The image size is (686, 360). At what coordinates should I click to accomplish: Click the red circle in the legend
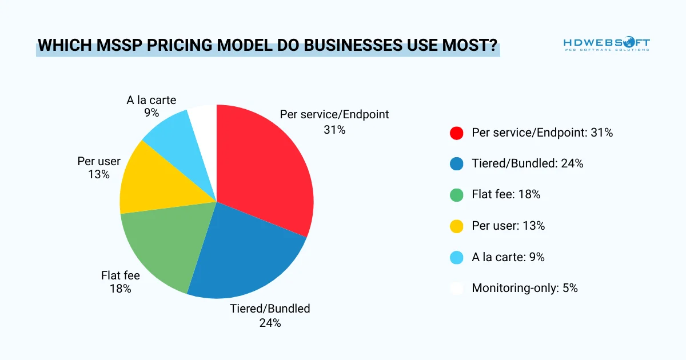click(456, 133)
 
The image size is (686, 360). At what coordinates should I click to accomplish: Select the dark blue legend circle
click(456, 164)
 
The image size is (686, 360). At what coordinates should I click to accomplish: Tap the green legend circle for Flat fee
click(456, 195)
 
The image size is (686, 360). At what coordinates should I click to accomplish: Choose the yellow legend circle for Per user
click(456, 226)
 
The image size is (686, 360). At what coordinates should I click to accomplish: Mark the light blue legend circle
click(456, 257)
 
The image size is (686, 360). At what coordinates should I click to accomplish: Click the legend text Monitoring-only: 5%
click(524, 288)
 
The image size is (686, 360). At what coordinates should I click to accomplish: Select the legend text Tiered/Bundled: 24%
click(527, 164)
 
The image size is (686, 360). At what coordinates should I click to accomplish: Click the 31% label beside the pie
click(334, 130)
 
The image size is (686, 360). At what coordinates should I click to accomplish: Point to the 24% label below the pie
click(270, 323)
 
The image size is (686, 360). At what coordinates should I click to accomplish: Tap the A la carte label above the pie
click(151, 100)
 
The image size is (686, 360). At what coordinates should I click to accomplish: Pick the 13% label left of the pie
click(99, 175)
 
